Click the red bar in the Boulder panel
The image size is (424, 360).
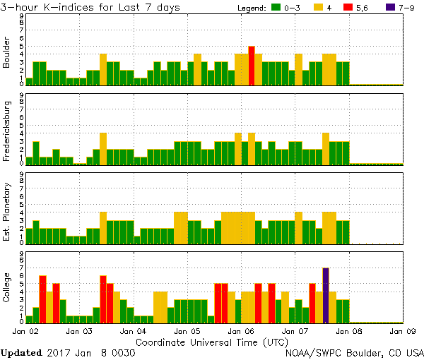[252, 66]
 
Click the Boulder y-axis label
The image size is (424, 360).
[8, 53]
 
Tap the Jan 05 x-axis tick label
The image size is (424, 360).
[187, 330]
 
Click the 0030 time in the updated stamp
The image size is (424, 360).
[123, 352]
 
